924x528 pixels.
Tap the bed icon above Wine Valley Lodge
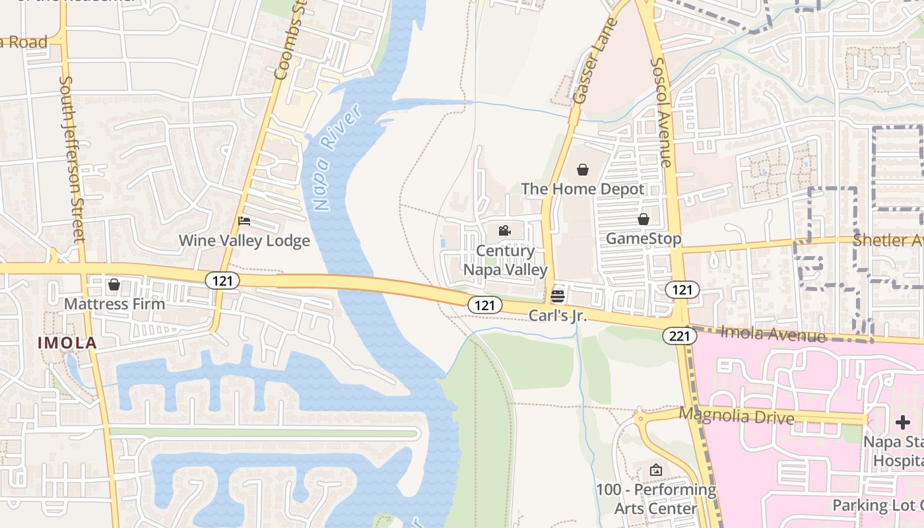tap(244, 221)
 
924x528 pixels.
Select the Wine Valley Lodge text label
tap(244, 241)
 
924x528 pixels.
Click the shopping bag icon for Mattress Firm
tap(114, 284)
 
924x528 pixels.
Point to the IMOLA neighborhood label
tap(67, 343)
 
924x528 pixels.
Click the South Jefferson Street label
tap(73, 158)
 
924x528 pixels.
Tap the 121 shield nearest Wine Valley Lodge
tap(222, 281)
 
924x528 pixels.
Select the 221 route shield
tap(680, 336)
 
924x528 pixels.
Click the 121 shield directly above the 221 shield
tap(682, 289)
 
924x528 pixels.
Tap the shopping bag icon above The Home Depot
tap(583, 170)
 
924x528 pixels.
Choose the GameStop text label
tap(643, 238)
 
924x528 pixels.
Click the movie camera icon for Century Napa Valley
tap(505, 230)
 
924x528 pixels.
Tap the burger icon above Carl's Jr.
tap(558, 296)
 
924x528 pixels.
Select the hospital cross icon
tap(902, 422)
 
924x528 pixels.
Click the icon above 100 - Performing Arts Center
tap(655, 470)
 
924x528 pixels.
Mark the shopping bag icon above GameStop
tap(643, 218)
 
